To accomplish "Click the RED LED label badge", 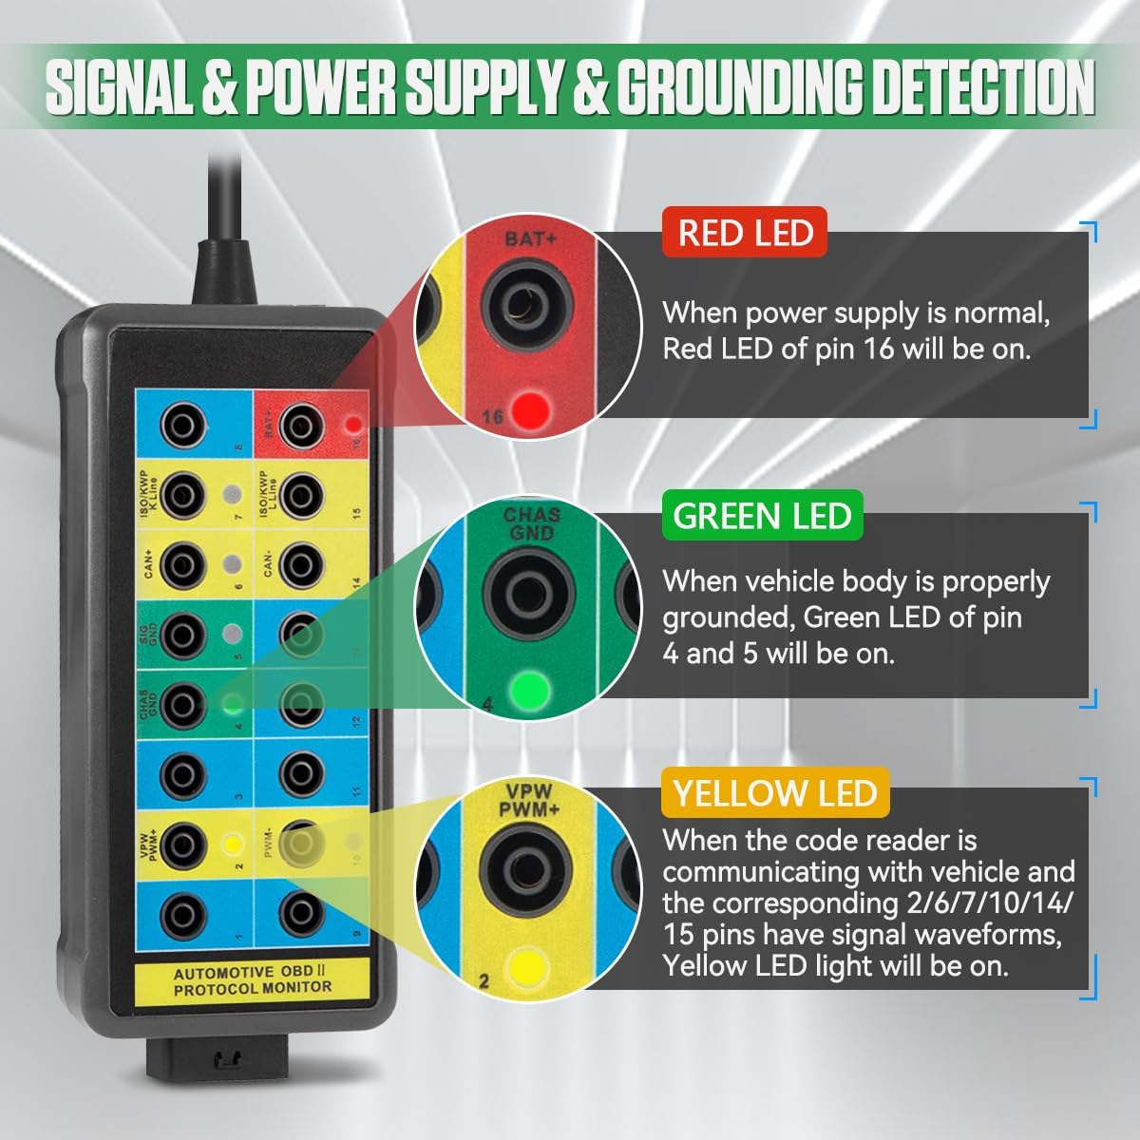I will tap(745, 233).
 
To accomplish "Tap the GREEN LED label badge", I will tap(762, 516).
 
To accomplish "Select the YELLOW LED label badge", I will tap(775, 792).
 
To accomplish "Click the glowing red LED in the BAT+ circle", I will tap(530, 410).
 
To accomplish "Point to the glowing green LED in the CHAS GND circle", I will tap(529, 688).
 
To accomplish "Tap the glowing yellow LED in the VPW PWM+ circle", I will tap(526, 967).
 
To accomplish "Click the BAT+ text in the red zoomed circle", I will tap(531, 239).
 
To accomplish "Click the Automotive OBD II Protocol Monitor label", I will tap(253, 981).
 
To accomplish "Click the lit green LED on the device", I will tap(229, 704).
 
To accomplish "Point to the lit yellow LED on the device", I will tap(230, 842).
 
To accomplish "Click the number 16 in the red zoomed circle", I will tap(492, 416).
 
